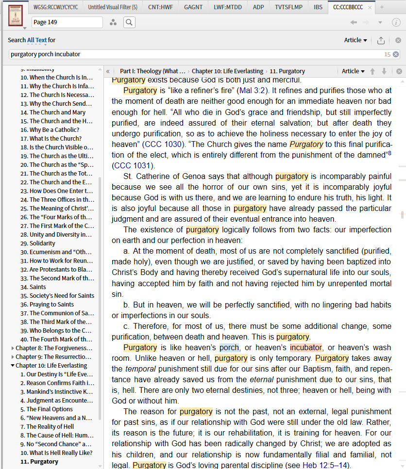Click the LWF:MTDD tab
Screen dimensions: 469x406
228,7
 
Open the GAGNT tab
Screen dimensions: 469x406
194,7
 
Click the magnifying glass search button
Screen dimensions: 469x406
129,22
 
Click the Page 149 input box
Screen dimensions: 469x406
67,22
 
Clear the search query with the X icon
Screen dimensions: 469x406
396,54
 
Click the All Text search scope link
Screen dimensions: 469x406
37,40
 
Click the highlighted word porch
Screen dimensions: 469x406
229,347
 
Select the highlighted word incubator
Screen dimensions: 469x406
306,347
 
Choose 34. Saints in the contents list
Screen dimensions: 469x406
38,287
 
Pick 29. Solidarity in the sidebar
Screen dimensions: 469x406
42,243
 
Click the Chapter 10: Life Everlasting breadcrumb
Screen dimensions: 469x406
227,71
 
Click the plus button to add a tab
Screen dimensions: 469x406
382,7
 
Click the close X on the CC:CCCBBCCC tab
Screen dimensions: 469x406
369,7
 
